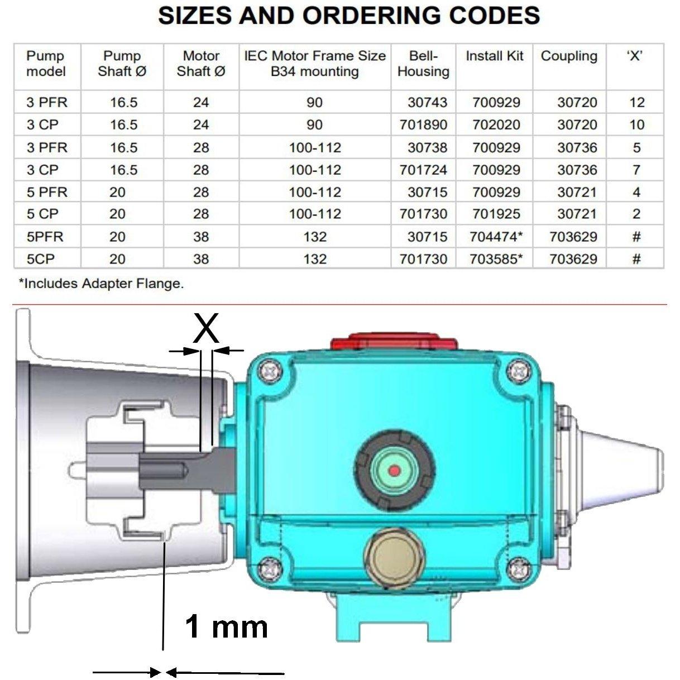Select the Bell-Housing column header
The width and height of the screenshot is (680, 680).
(423, 64)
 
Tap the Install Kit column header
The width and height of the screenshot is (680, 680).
(494, 56)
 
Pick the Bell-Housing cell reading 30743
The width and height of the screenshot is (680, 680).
(427, 103)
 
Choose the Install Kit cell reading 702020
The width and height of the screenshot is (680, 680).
(496, 125)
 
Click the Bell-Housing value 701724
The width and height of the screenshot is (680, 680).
(423, 170)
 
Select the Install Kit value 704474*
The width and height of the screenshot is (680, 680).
(495, 237)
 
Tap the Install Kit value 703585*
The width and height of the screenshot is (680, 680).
(495, 259)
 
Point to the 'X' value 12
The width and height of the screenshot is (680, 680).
(636, 103)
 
